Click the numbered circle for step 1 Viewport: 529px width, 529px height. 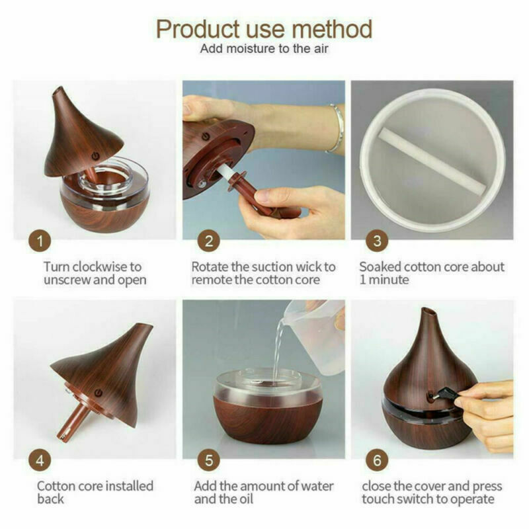point(40,241)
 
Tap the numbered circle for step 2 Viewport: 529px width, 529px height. point(208,241)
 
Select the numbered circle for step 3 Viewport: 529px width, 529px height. point(377,241)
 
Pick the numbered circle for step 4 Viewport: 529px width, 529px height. point(40,460)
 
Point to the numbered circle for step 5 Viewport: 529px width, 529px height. point(208,460)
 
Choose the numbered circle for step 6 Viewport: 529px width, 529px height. point(377,460)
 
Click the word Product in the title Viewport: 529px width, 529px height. point(198,29)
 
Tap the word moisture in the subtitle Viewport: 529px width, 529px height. point(251,48)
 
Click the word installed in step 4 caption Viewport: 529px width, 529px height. point(130,486)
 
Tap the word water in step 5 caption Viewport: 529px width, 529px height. point(317,486)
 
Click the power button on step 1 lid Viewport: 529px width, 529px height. point(96,156)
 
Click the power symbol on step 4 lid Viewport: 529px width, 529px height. point(98,393)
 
